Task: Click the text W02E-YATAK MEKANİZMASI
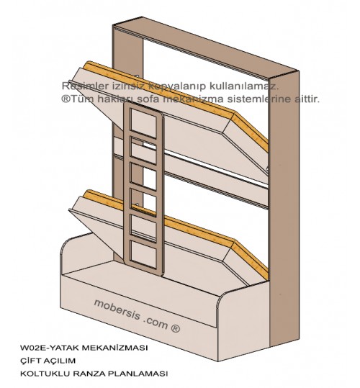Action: (84, 348)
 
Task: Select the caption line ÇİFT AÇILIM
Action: (48, 360)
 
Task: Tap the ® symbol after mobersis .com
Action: (175, 328)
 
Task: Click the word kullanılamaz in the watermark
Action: (244, 86)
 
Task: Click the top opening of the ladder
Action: (143, 122)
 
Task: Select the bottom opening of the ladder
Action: (143, 254)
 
